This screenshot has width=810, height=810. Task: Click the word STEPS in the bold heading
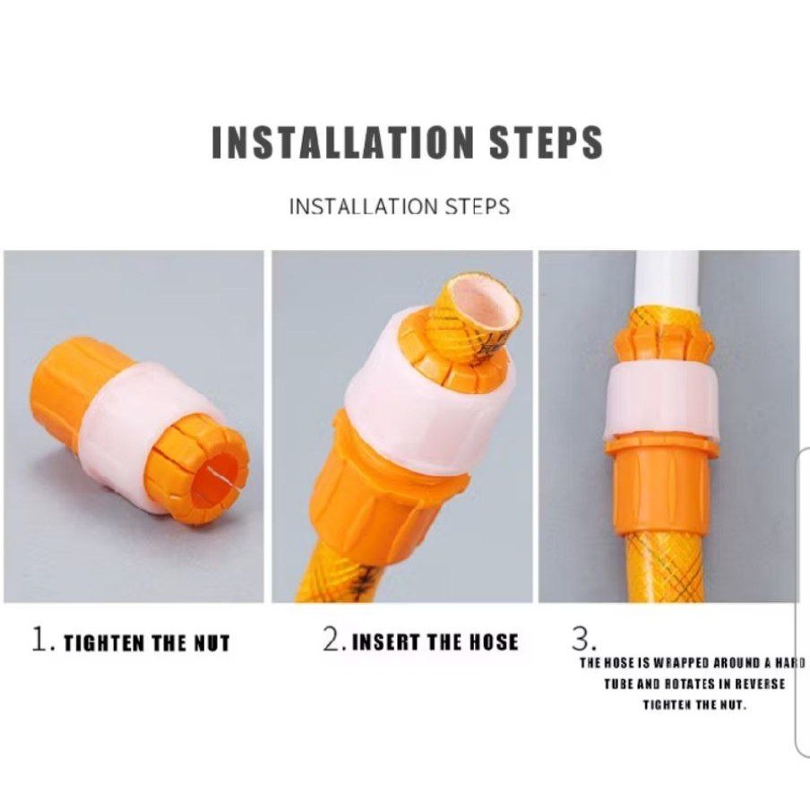[547, 143]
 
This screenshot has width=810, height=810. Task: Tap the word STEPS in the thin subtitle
[478, 207]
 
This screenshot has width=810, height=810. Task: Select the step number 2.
[332, 641]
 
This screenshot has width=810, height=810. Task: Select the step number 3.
[582, 640]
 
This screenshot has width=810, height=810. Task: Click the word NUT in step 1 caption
[210, 643]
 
